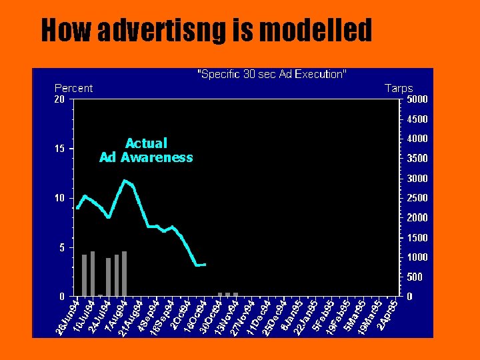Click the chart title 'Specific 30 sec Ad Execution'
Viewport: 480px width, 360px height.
[x=271, y=74]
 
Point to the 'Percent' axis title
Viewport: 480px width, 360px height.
[x=73, y=88]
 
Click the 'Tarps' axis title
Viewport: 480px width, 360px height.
[x=399, y=88]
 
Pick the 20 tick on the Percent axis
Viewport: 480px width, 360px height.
[x=59, y=99]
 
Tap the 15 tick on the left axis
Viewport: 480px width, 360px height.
[x=59, y=149]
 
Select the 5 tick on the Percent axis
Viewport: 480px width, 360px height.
[x=61, y=247]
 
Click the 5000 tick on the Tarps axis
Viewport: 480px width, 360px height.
[x=417, y=99]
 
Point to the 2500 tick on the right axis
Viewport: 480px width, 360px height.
[x=417, y=198]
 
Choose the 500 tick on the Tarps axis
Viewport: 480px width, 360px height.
[x=415, y=277]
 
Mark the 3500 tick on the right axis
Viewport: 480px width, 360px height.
[x=417, y=159]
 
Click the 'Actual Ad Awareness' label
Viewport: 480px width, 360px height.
[x=146, y=151]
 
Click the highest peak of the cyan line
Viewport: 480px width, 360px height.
[x=125, y=180]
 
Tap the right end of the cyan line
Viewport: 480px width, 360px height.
[x=205, y=265]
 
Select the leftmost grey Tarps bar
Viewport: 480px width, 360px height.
[x=85, y=275]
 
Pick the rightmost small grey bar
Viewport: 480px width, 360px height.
[x=235, y=294]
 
